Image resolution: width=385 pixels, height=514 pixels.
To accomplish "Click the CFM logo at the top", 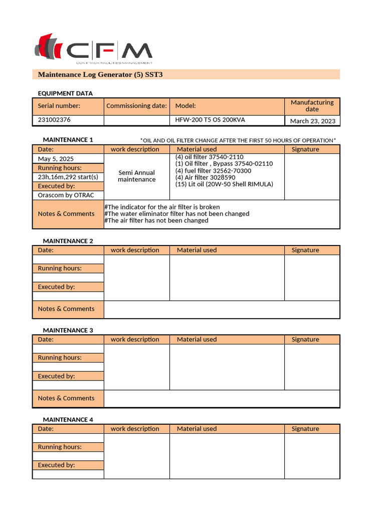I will coord(93,50).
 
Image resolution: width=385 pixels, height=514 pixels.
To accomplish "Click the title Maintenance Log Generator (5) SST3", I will coord(100,75).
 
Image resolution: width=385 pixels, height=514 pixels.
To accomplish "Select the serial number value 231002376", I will coord(54,120).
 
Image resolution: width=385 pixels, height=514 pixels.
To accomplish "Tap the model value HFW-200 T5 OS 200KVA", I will coord(210,120).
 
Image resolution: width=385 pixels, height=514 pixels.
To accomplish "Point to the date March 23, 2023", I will coord(312,121).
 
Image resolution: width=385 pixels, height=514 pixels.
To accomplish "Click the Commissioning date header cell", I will coord(136,106).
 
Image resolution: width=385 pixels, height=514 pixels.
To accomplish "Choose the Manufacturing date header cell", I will coord(312,106).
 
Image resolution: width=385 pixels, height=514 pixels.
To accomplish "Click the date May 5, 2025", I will coord(56,159).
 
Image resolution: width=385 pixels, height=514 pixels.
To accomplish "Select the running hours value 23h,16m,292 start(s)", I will coord(68,177).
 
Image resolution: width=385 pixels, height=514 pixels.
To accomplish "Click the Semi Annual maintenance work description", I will coord(137,176).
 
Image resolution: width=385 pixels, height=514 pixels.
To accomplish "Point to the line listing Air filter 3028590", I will coord(205,178).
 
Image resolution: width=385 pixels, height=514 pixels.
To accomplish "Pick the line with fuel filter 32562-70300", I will coord(213,171).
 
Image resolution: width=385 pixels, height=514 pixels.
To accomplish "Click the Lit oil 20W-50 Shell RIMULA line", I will coord(224,184).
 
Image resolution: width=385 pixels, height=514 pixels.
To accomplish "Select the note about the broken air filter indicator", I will coord(162,207).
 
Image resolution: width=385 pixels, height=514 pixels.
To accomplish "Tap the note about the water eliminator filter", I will coord(176,214).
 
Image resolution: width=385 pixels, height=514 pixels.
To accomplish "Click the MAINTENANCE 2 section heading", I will coord(68,241).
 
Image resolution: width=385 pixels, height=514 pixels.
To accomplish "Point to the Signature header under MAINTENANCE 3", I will coord(305,340).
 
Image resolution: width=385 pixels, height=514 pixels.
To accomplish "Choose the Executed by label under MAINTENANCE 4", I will coord(56,465).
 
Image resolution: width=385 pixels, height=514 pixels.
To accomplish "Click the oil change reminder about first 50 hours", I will coord(238,141).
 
